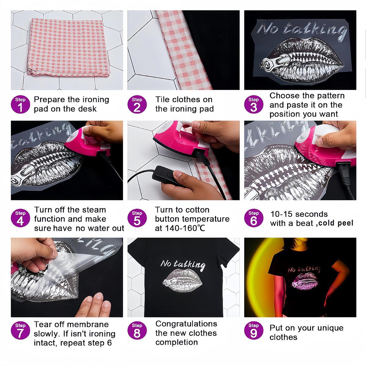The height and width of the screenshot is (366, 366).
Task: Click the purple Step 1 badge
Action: pyautogui.click(x=20, y=105)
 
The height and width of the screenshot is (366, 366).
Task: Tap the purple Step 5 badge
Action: pyautogui.click(x=137, y=218)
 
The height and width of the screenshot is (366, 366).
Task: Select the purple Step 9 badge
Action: pyautogui.click(x=254, y=331)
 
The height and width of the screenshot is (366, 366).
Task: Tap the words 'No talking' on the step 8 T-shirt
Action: pyautogui.click(x=183, y=264)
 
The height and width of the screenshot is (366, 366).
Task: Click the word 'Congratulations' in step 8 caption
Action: pyautogui.click(x=186, y=324)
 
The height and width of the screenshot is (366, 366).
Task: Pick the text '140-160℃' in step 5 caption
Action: pyautogui.click(x=182, y=228)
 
